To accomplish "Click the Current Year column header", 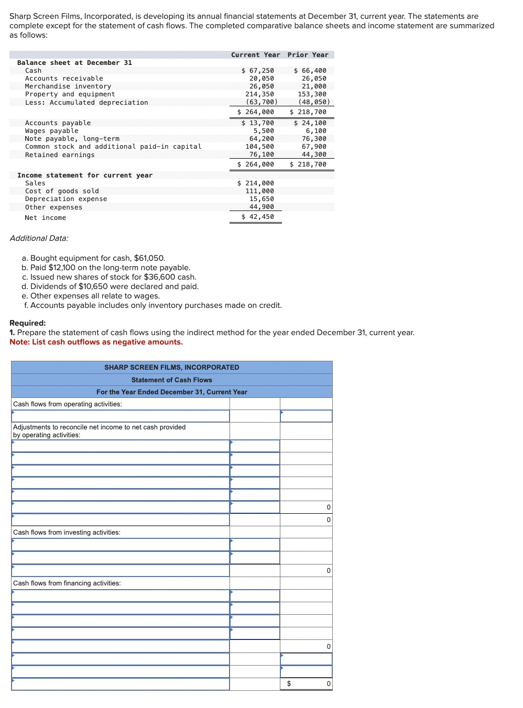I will click(255, 55).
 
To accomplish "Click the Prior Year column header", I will click(308, 55).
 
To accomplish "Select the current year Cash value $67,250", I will click(258, 71).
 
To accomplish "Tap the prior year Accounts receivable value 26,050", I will click(313, 79).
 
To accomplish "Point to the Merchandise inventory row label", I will click(68, 86).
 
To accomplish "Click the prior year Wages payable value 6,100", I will click(315, 131).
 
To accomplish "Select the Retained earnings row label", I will click(60, 155).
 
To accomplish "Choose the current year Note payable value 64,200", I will click(261, 139).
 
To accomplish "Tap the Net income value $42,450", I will click(258, 217).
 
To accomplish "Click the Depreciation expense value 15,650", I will click(261, 199).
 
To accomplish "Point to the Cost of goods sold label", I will click(62, 191).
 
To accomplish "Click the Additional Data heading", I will click(39, 238).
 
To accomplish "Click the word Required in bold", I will click(27, 323).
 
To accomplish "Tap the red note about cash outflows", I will click(96, 342).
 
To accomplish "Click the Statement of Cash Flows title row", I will click(171, 380).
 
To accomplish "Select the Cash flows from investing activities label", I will click(67, 533).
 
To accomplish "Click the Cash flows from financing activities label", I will click(67, 583).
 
